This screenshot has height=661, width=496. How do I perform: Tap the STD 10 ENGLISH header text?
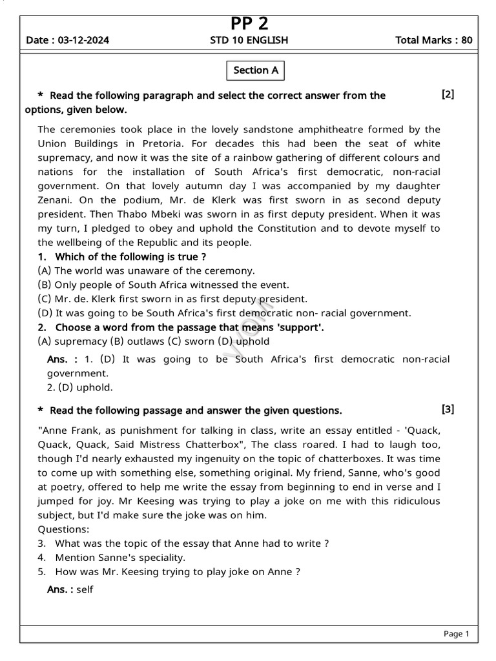point(249,40)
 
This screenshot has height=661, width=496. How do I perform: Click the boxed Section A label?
point(256,70)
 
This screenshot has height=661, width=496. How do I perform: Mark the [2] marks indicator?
point(448,94)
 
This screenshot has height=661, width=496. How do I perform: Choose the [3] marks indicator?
point(448,409)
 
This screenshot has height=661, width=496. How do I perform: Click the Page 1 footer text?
point(456,634)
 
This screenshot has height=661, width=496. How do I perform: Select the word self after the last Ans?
point(85,589)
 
